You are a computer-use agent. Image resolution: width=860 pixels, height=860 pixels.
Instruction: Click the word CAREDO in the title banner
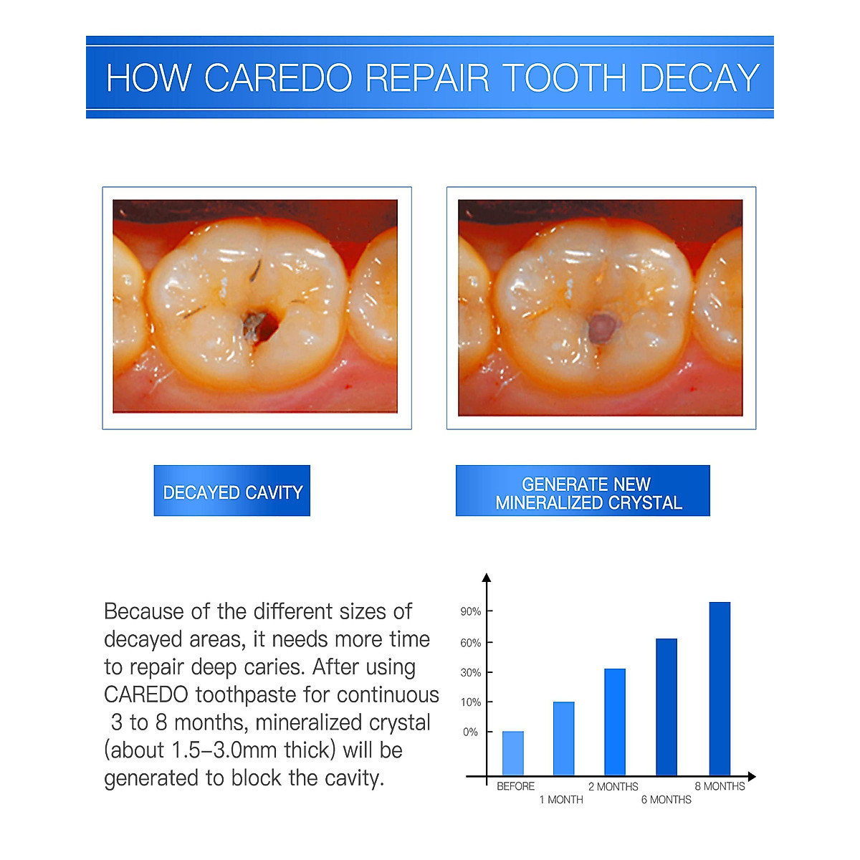[x=277, y=78]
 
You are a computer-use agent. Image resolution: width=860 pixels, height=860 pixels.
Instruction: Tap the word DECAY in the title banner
[x=699, y=78]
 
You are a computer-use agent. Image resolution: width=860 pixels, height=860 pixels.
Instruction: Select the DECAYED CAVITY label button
[x=232, y=492]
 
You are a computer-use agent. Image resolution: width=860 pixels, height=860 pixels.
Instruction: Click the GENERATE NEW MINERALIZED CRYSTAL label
[x=583, y=492]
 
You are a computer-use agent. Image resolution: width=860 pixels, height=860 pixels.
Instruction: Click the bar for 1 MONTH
[x=564, y=738]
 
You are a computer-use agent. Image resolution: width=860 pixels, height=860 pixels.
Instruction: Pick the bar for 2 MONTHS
[x=615, y=722]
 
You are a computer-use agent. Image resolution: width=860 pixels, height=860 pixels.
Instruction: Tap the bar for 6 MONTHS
[x=666, y=707]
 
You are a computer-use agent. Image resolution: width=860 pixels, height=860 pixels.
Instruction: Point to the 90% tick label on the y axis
[x=471, y=612]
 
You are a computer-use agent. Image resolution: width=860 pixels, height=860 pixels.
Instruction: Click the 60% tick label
[x=471, y=643]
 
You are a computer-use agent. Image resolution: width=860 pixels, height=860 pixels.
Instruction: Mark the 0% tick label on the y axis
[x=471, y=732]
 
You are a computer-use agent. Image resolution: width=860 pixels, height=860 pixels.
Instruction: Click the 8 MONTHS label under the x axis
[x=720, y=786]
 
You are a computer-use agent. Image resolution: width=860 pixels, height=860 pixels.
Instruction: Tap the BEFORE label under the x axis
[x=515, y=786]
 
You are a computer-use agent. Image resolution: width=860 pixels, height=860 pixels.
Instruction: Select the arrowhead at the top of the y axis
[x=487, y=578]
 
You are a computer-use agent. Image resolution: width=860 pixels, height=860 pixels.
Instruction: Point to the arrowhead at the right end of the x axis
[x=751, y=777]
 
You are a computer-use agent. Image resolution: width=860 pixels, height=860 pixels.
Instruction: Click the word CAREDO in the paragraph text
[x=146, y=695]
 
